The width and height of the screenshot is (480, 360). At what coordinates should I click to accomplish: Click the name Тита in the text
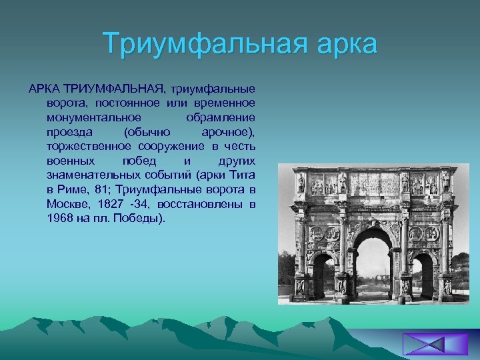tap(242, 175)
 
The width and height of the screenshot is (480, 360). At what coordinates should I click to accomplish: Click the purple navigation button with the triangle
tap(426, 345)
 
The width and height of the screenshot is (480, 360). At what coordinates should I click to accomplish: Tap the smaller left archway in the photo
tap(323, 273)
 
